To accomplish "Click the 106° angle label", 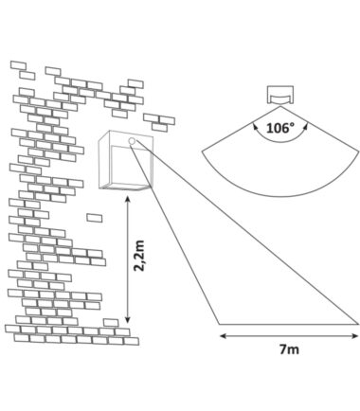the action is [280, 128].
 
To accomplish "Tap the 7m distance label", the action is [289, 349].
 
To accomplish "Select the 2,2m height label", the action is [139, 256].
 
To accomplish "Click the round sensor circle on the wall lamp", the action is [132, 141].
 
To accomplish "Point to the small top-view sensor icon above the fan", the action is [280, 94].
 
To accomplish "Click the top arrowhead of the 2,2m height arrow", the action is [127, 199].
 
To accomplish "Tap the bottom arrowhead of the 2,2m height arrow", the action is [127, 320].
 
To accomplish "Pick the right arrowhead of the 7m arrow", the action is [355, 336].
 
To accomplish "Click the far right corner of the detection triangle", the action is [358, 324].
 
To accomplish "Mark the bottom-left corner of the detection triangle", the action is [219, 324].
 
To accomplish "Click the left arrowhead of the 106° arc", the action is [255, 126].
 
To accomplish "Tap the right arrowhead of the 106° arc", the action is [306, 126].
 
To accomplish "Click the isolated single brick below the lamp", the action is [94, 218].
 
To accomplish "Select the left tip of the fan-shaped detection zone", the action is [202, 152].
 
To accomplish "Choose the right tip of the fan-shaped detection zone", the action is [359, 152].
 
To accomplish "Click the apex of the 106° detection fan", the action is [280, 106].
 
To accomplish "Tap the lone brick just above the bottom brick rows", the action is [111, 323].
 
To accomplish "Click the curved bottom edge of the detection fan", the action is [280, 196].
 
